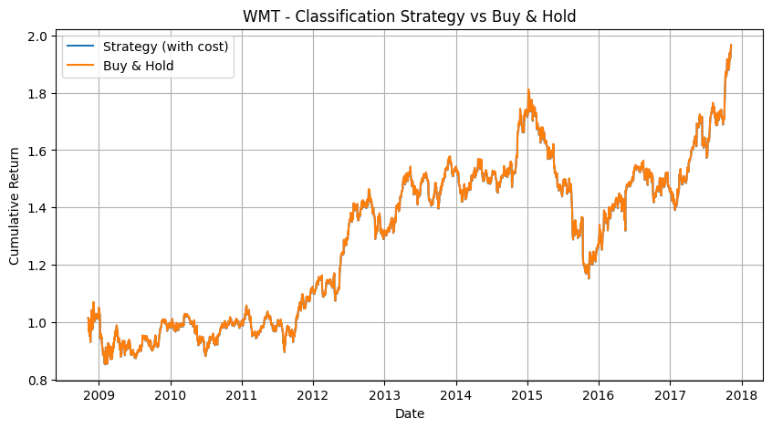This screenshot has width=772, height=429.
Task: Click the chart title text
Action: tap(409, 16)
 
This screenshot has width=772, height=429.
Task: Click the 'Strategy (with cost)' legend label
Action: tap(165, 47)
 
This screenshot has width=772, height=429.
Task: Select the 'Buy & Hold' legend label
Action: tap(139, 66)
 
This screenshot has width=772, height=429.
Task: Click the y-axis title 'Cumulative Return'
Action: tap(14, 206)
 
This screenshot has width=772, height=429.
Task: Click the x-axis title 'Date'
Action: tap(410, 413)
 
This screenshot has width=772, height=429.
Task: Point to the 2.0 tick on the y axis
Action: tap(40, 37)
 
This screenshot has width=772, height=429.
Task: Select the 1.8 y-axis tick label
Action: tap(40, 94)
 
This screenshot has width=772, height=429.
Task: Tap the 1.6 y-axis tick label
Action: tap(40, 151)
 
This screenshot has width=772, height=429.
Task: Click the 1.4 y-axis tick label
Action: tap(40, 208)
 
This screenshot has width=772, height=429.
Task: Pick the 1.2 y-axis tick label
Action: tap(40, 266)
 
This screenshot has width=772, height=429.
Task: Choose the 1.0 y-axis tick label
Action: tap(40, 323)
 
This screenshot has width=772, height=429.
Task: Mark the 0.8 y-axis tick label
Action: tap(40, 381)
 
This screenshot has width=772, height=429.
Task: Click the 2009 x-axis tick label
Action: tap(99, 395)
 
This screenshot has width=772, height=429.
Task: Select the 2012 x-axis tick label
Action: tap(313, 395)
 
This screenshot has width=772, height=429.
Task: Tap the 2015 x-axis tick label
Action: tap(527, 395)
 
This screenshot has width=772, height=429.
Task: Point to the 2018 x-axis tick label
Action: tap(742, 395)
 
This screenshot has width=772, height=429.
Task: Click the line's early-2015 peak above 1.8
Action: tap(528, 89)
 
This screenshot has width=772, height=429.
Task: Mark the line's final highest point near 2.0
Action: tap(731, 45)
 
